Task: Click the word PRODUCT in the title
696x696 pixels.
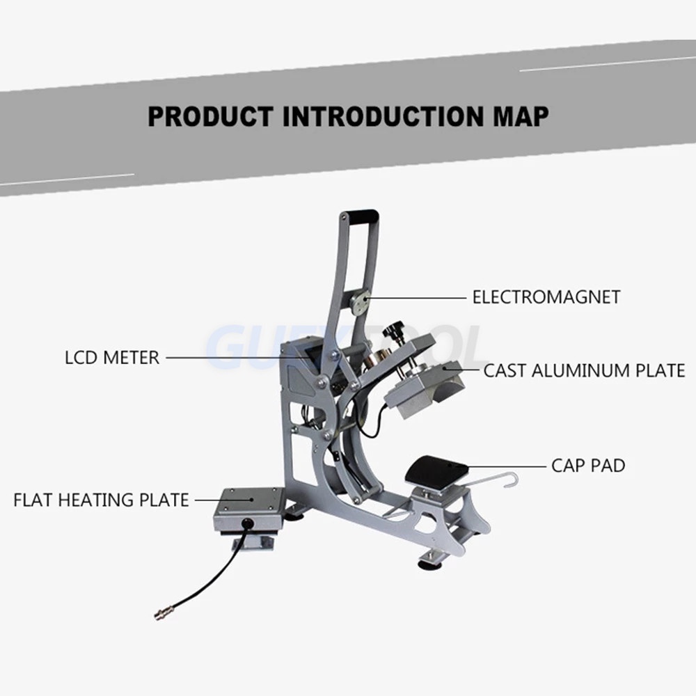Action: tap(210, 116)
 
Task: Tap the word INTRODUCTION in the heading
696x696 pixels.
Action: tap(379, 116)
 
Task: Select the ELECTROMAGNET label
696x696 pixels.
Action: tap(546, 297)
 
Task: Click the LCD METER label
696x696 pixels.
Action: tap(112, 358)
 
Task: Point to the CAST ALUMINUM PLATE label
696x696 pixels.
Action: tap(584, 371)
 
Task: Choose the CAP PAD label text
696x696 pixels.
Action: tap(588, 465)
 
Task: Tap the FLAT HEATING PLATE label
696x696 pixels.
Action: tap(101, 500)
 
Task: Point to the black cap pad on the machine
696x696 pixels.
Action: tap(435, 472)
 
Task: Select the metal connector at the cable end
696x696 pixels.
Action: tap(161, 614)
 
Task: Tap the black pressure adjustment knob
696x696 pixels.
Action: tap(397, 326)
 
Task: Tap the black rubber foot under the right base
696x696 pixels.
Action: tap(426, 562)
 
